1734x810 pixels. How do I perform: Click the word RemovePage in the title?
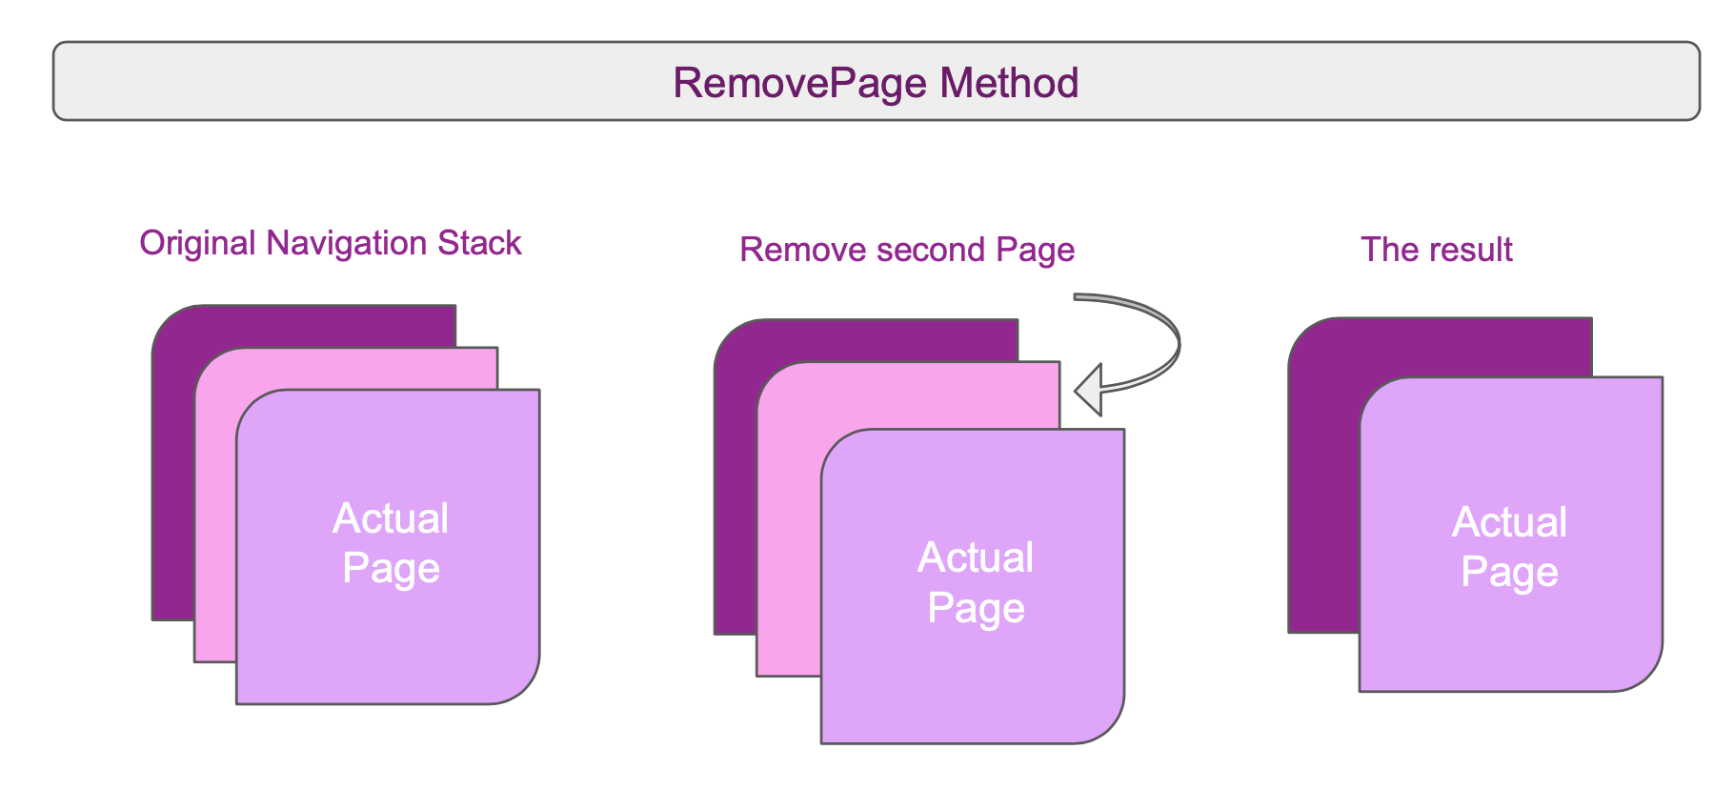click(x=801, y=83)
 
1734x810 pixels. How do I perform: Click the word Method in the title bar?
click(x=1009, y=83)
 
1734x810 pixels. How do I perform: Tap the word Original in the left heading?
click(x=197, y=243)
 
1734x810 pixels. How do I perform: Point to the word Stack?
click(x=479, y=243)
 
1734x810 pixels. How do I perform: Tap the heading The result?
click(x=1436, y=250)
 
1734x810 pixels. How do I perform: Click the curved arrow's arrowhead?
click(x=1089, y=390)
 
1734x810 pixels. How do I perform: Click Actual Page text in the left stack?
click(x=391, y=543)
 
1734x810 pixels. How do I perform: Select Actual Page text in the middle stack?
click(x=976, y=582)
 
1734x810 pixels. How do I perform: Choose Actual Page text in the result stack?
click(x=1509, y=547)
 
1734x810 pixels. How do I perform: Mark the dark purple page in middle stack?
click(x=735, y=496)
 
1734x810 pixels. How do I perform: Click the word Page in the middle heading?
click(x=1035, y=250)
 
